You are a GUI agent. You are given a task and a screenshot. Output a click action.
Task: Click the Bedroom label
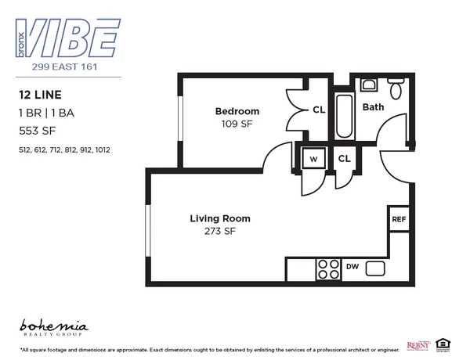click(237, 112)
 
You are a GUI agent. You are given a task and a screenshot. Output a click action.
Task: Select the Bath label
click(373, 106)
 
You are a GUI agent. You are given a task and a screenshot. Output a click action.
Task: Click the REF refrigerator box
click(398, 219)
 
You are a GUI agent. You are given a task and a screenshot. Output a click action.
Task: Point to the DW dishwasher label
click(352, 268)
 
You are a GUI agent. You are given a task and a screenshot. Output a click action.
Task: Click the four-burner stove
click(327, 270)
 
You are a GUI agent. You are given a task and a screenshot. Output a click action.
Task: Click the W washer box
click(313, 158)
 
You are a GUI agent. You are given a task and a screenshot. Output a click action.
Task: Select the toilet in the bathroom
click(396, 90)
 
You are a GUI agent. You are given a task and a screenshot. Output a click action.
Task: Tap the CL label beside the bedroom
click(319, 110)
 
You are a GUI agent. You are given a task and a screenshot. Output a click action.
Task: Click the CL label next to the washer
click(344, 158)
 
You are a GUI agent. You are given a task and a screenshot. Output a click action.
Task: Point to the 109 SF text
click(237, 124)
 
